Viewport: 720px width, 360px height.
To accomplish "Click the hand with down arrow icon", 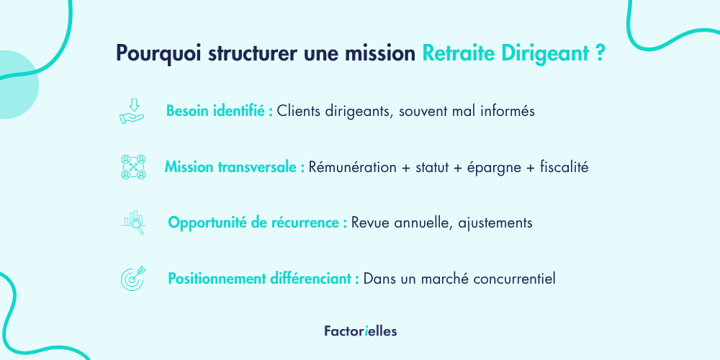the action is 132,111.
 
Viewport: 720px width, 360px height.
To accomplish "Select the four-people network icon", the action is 133,167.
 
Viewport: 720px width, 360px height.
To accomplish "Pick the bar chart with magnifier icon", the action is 133,222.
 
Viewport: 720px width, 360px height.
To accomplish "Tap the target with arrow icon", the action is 133,278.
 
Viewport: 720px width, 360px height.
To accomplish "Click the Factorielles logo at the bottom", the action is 361,331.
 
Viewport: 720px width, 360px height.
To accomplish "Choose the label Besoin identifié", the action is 220,111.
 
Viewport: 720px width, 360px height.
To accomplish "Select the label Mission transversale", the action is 235,167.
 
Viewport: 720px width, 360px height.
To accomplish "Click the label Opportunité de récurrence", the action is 258,222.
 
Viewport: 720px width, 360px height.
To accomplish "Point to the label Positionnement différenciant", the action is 264,279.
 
